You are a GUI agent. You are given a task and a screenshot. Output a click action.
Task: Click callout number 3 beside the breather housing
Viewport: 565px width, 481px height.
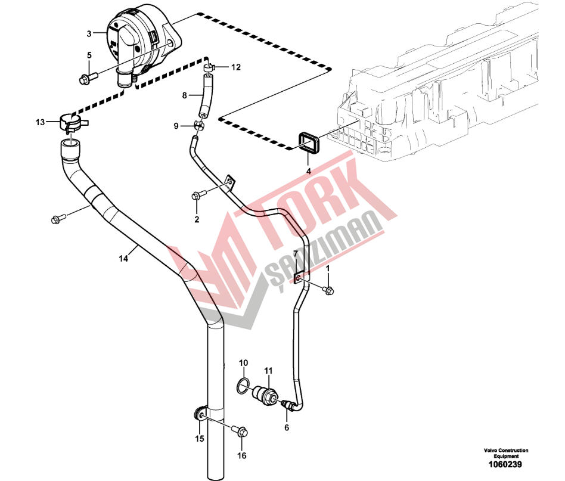click(89, 34)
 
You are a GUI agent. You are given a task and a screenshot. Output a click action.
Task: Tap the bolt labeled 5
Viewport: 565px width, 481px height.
click(88, 78)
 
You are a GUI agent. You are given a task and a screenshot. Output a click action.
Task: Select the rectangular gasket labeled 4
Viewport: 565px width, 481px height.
click(308, 143)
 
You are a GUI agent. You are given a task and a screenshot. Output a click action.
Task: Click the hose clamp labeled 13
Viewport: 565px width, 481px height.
click(73, 122)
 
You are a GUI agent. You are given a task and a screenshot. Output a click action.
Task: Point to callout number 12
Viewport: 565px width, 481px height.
click(235, 67)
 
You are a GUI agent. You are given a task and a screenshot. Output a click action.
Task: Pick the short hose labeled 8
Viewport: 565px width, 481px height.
click(204, 95)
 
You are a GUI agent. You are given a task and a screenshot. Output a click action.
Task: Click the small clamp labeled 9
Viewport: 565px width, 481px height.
click(199, 125)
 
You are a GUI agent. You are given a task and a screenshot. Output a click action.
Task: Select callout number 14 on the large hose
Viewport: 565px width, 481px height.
click(123, 258)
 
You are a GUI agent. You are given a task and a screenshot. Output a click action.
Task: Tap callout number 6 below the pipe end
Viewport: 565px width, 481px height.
click(287, 428)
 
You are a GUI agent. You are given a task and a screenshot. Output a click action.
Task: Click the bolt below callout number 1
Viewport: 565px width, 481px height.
click(328, 290)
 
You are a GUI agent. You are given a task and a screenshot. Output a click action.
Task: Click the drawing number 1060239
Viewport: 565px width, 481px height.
click(505, 465)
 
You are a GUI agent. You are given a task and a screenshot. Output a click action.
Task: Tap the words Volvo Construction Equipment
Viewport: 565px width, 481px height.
click(506, 453)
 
